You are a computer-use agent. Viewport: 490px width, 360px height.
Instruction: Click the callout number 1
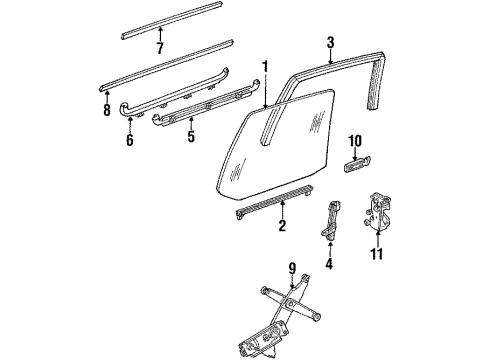point(264,68)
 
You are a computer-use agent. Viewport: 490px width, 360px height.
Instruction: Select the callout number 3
point(331,43)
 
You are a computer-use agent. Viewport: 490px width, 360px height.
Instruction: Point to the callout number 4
point(329,266)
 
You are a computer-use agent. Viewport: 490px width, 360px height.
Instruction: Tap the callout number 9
point(292,267)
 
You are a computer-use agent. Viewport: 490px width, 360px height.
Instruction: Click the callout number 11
point(377,257)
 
